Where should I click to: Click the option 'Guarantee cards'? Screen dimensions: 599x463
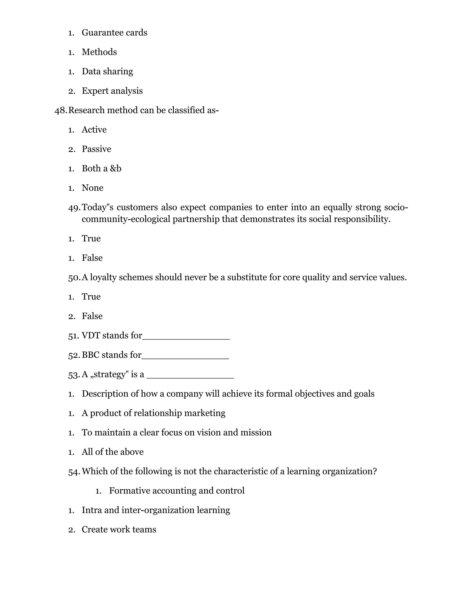coord(114,33)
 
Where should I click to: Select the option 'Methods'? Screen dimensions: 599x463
coord(99,52)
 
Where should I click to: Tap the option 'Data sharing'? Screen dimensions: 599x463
coord(107,71)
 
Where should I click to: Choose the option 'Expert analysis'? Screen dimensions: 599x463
coord(112,91)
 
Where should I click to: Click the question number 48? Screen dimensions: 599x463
coord(60,110)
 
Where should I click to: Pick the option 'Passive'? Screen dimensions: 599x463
coord(96,149)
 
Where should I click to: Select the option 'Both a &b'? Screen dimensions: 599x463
coord(102,168)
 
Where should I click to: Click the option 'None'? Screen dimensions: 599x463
coord(92,188)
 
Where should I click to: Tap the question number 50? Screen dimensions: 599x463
coord(74,278)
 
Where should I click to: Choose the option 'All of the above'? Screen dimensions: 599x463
coord(112,452)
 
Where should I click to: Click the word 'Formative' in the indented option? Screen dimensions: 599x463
coord(130,491)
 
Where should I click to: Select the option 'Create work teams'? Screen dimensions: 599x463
coord(119,529)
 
